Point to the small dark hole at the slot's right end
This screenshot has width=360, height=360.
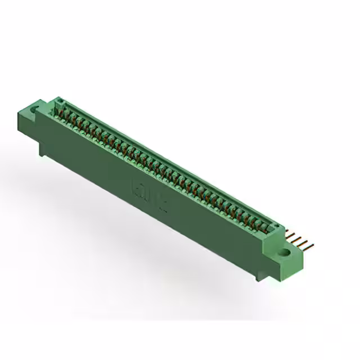(275, 227)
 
